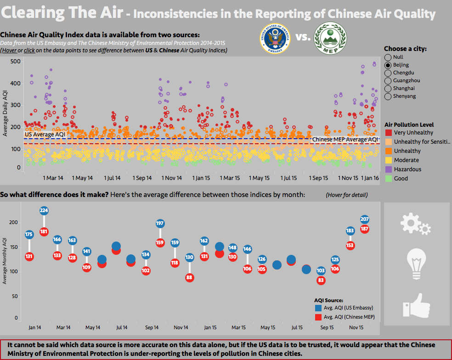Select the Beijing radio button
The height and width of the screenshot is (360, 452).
pyautogui.click(x=388, y=65)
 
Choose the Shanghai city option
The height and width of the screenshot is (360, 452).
pyautogui.click(x=388, y=88)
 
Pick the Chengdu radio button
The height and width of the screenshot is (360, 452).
pyautogui.click(x=388, y=73)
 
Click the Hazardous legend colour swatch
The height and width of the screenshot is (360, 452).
pyautogui.click(x=388, y=169)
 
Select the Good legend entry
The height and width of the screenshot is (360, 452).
pyautogui.click(x=401, y=179)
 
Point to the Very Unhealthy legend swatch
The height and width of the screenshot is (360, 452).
pyautogui.click(x=388, y=133)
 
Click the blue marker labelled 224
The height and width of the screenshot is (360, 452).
pyautogui.click(x=44, y=211)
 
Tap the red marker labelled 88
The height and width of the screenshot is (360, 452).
pyautogui.click(x=189, y=277)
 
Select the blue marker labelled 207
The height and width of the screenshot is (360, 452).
pyautogui.click(x=365, y=219)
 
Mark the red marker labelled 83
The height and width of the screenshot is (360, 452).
pyautogui.click(x=321, y=280)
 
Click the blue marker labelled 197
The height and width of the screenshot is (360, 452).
pyautogui.click(x=160, y=224)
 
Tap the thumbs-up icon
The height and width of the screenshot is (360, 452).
pyautogui.click(x=416, y=304)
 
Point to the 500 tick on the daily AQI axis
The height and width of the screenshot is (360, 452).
pyautogui.click(x=15, y=62)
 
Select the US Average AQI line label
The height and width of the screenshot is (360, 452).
pyautogui.click(x=45, y=134)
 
